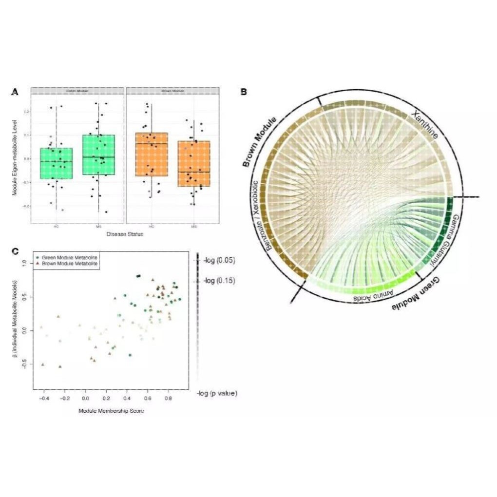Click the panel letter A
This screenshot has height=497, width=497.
pos(15,91)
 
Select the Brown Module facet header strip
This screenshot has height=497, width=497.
pos(172,91)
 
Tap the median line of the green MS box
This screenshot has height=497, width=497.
pos(98,157)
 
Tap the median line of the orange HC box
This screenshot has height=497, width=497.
pos(151,143)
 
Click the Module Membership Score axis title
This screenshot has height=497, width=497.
pos(111,411)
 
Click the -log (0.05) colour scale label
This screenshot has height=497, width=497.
pos(219,261)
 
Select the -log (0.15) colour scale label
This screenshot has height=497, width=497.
pos(219,280)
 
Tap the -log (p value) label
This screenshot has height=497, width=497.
pos(217,393)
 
